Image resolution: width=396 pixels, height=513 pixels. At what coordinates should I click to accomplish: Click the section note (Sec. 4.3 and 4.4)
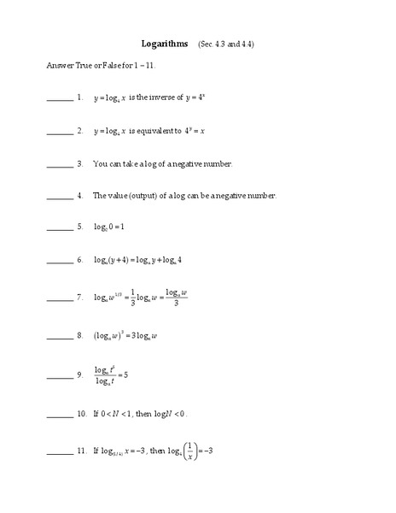coord(225,43)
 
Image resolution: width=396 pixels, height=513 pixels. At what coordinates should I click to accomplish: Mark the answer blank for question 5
coord(60,229)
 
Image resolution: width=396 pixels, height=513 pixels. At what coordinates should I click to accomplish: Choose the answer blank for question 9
coord(60,377)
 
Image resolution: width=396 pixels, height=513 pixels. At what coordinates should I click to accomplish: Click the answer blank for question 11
coord(60,453)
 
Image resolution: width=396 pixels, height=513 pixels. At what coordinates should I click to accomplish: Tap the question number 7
coord(79,298)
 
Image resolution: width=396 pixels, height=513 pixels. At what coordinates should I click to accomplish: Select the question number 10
coord(81,414)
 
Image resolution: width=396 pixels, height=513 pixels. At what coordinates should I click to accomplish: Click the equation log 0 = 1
coord(108,227)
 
